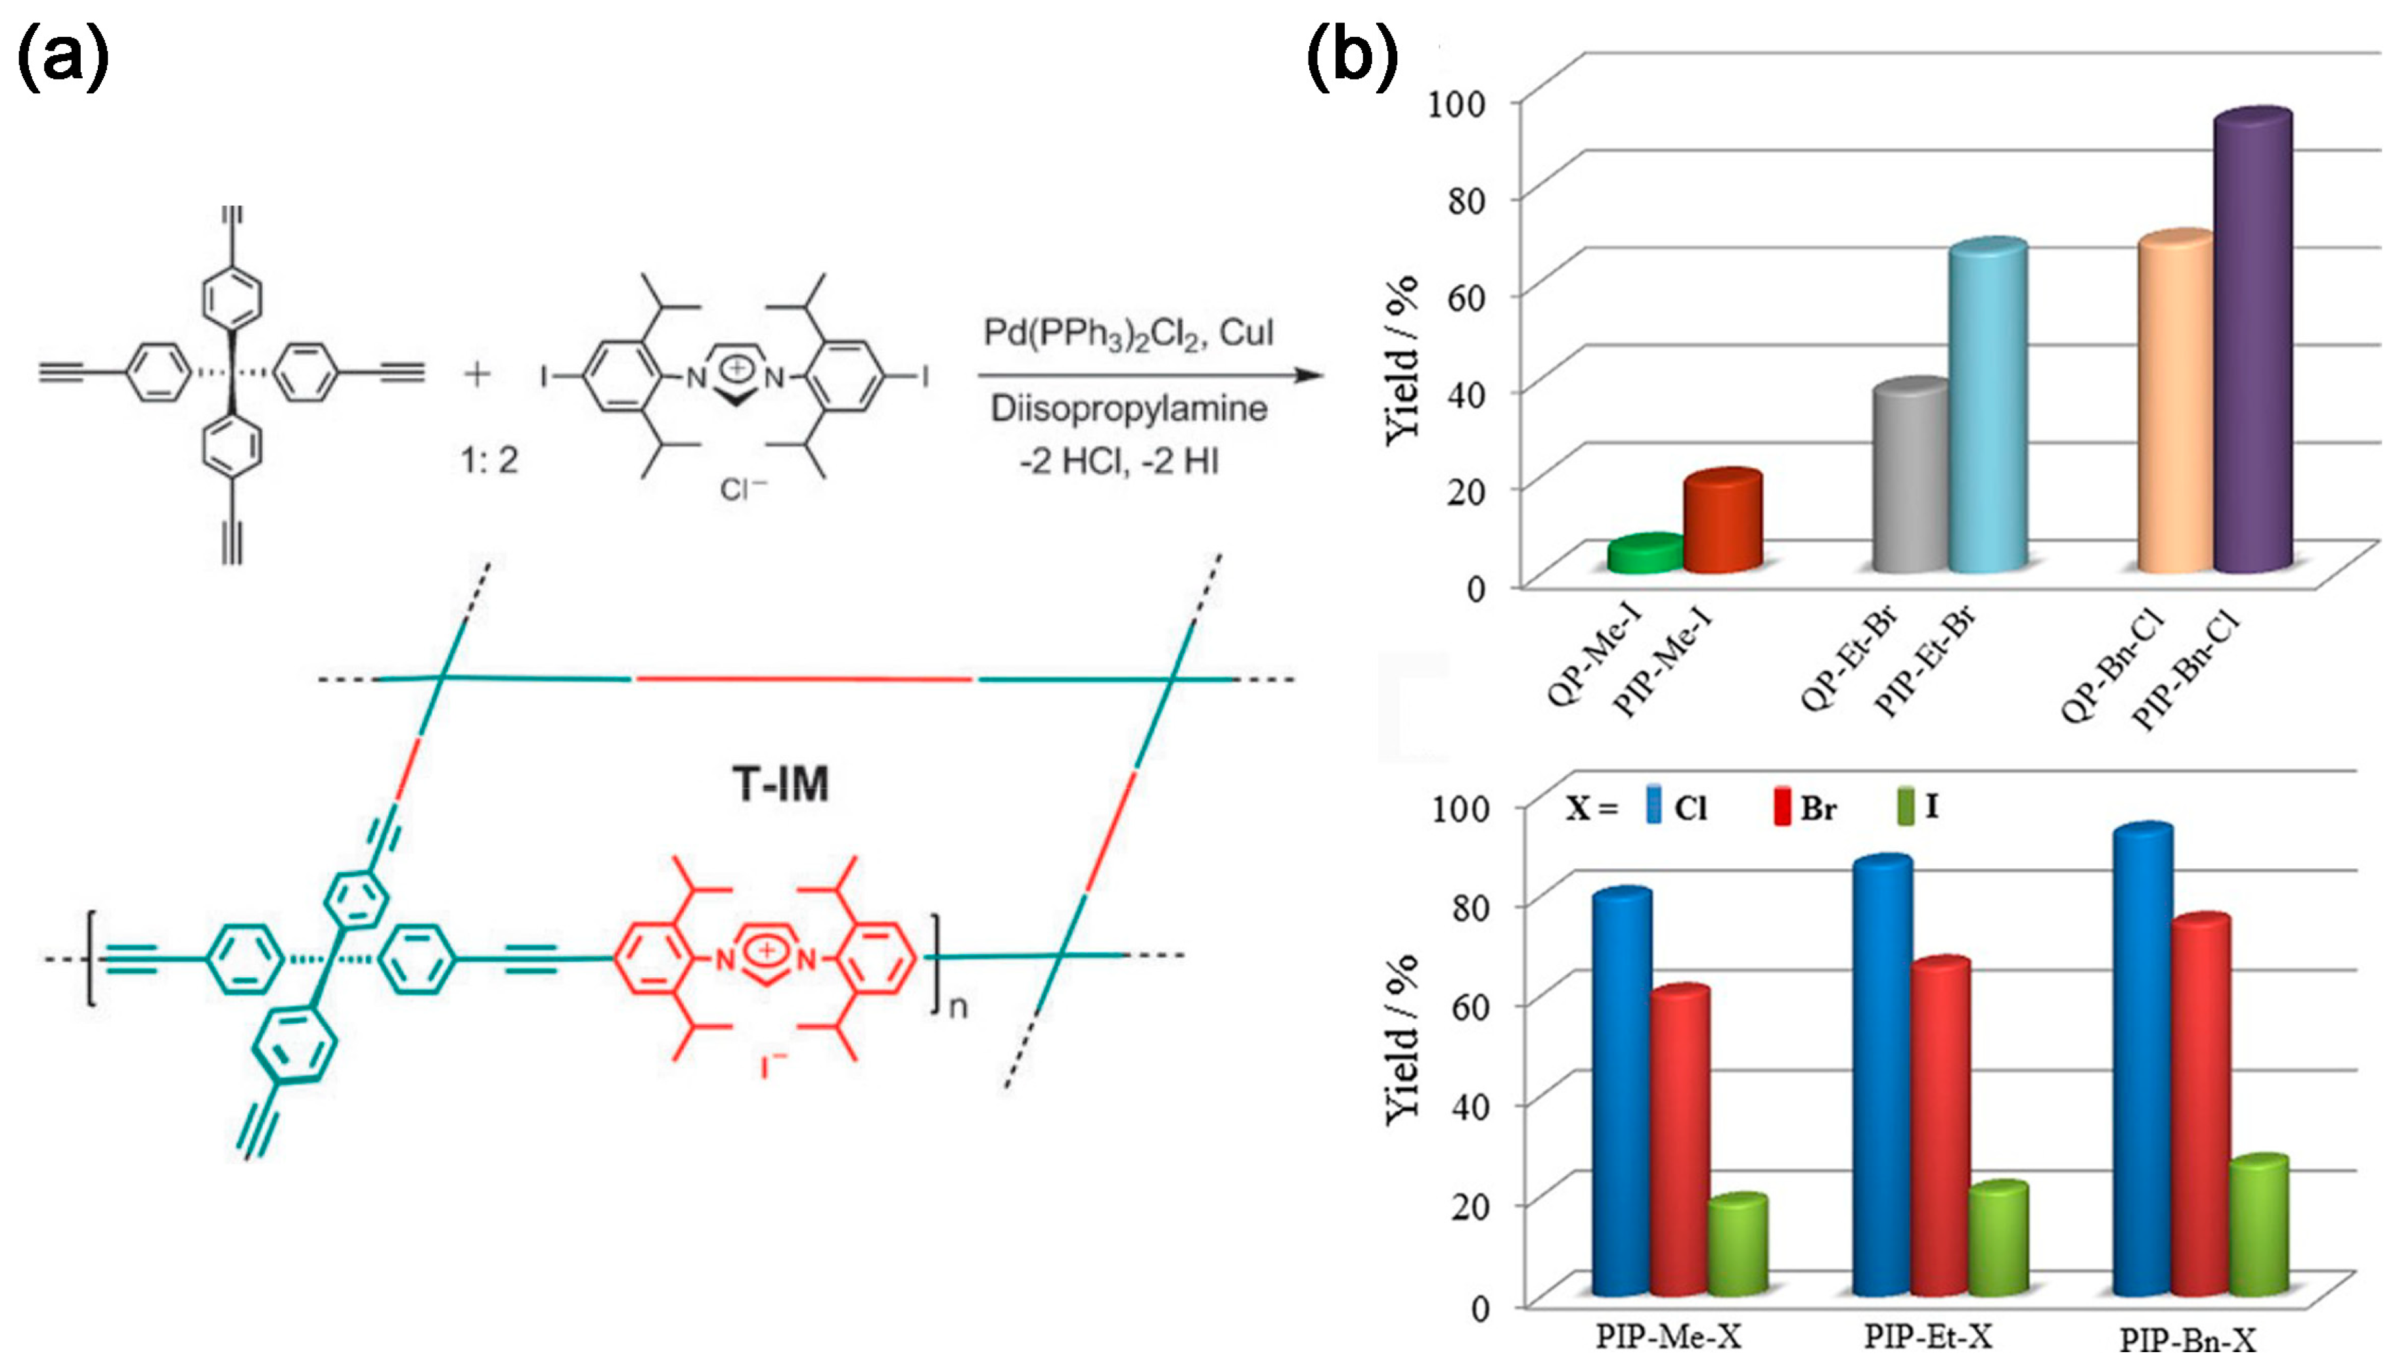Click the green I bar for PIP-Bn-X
pos(2258,1227)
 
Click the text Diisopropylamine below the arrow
pos(1129,409)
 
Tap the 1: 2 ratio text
pos(489,460)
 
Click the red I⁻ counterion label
pos(773,1066)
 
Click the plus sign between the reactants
pos(477,375)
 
